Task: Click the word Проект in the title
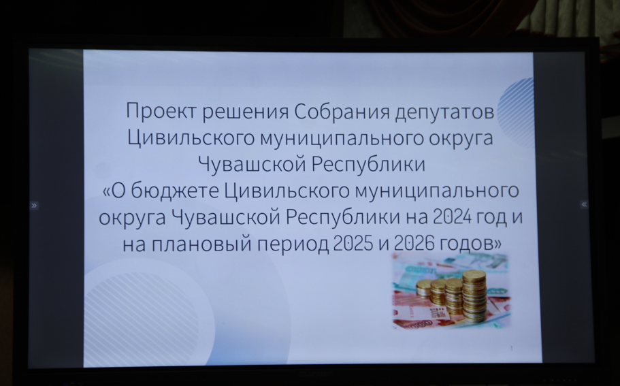161,111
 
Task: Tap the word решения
245,112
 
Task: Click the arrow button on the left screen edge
35,206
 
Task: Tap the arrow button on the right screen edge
584,204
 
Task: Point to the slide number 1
512,349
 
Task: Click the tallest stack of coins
474,295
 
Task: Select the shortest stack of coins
424,287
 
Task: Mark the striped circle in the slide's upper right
516,113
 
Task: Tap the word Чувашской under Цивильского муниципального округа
252,163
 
